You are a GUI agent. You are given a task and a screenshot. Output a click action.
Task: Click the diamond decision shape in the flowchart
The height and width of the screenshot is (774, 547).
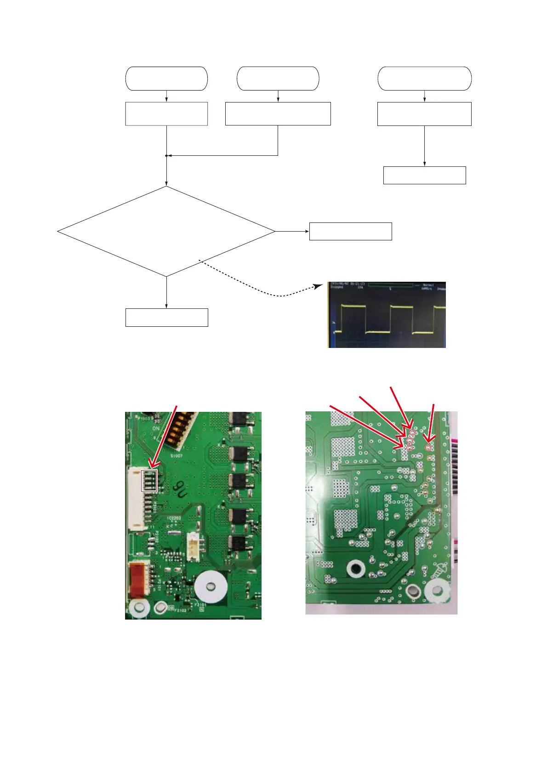pos(166,231)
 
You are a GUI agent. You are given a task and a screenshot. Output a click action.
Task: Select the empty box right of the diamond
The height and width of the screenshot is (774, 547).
pos(350,231)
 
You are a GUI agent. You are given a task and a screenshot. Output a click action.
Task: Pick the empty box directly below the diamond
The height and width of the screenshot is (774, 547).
pos(166,318)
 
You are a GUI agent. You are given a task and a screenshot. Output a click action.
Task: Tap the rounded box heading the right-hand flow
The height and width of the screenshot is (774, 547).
pos(424,79)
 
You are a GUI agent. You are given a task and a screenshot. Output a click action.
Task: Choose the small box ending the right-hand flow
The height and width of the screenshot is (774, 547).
pos(424,175)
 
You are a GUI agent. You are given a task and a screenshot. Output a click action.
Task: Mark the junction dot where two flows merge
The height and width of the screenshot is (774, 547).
pos(166,156)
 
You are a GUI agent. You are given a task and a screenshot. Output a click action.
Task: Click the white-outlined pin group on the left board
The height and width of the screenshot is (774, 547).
pos(149,481)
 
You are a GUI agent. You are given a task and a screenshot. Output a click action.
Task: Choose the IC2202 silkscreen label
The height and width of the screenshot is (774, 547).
pos(174,518)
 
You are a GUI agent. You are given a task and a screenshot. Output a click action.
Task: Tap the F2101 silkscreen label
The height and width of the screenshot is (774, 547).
pos(200,605)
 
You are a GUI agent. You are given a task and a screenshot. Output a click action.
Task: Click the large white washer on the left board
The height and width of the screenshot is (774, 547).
pos(210,587)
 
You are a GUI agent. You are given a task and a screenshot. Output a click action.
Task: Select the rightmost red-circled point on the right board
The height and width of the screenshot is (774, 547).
pos(428,447)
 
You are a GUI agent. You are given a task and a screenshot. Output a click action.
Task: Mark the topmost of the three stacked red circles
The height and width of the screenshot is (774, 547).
pos(412,433)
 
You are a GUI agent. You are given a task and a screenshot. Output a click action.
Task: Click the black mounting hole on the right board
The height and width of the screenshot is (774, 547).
pos(355,568)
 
